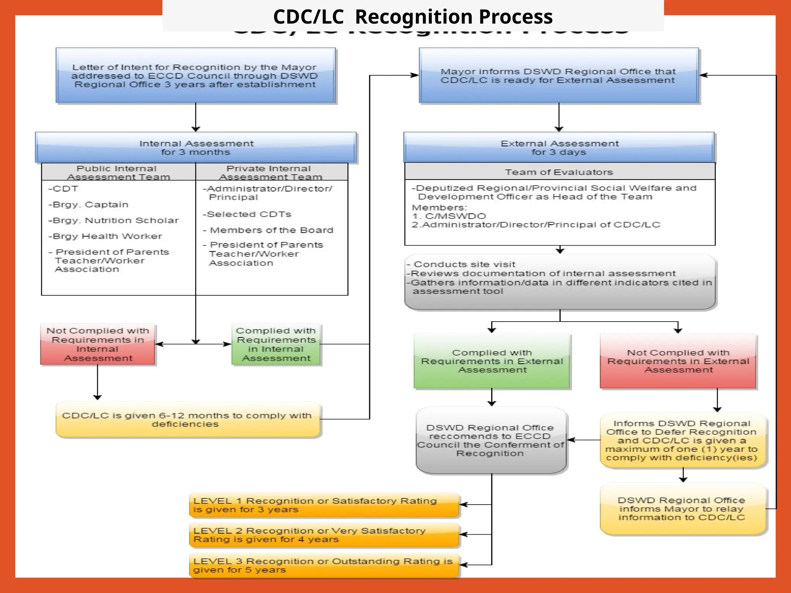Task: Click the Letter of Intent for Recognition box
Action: point(195,76)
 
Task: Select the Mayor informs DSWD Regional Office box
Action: point(558,76)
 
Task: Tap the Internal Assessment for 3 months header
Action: point(196,147)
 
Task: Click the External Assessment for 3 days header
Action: point(559,147)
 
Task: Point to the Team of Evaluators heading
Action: point(559,172)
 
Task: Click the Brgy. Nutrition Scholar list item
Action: point(114,220)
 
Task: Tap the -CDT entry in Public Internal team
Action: point(63,189)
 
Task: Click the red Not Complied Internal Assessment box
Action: point(98,344)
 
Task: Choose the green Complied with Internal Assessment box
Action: point(276,344)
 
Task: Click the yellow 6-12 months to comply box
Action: point(188,420)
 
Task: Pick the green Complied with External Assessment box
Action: point(492,361)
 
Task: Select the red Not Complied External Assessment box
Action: point(678,361)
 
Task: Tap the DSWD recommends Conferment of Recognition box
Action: point(491,441)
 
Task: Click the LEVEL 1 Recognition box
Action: point(324,505)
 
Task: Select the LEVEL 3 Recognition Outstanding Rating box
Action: point(324,565)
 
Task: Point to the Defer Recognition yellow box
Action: point(682,441)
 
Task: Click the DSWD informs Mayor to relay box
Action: point(682,509)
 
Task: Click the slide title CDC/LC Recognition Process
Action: point(412,17)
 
